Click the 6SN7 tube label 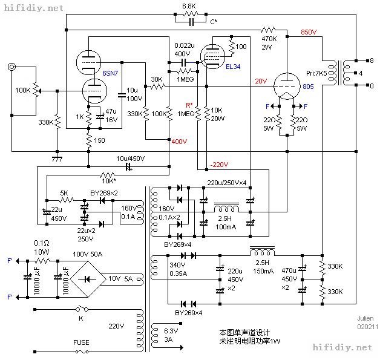coord(110,73)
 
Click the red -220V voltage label coord(218,163)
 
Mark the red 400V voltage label coord(179,141)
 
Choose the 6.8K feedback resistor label coord(189,7)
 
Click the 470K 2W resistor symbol coord(268,29)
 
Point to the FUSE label coord(81,342)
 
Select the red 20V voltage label coord(260,81)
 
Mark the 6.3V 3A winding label coord(165,335)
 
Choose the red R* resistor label coord(189,104)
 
